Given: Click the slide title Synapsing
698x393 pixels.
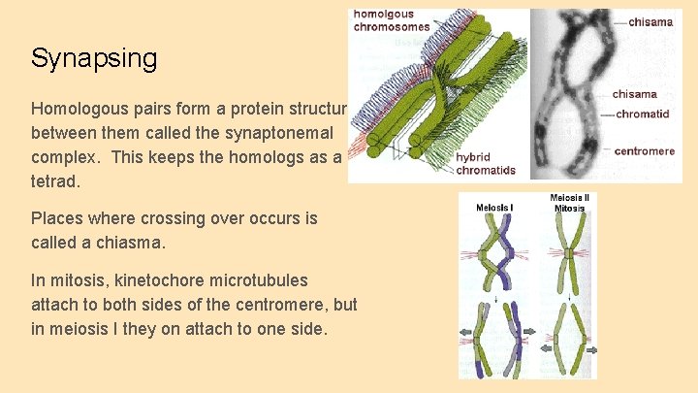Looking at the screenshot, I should click(93, 58).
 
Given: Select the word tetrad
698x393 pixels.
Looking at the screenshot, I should click(55, 180).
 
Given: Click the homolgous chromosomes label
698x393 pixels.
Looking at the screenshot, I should click(391, 20).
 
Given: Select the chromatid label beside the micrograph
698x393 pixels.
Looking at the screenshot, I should click(643, 114).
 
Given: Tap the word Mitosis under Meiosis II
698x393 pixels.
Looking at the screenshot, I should click(569, 209).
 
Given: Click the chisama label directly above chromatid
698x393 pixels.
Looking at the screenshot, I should click(635, 94).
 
